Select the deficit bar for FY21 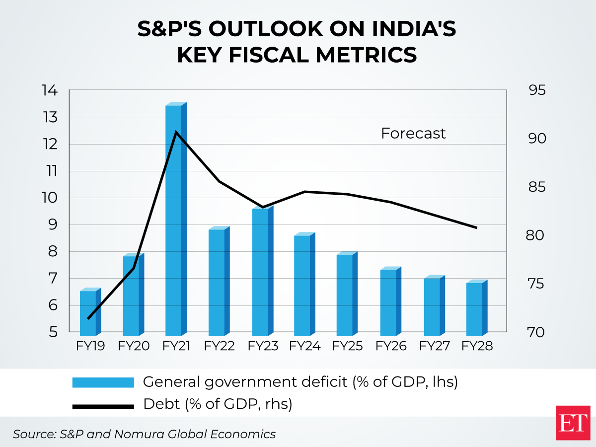pyautogui.click(x=174, y=219)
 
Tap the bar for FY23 pyautogui.click(x=261, y=271)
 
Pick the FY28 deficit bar pyautogui.click(x=475, y=308)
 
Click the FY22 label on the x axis pyautogui.click(x=219, y=346)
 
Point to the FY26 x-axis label pyautogui.click(x=391, y=346)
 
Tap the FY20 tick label pyautogui.click(x=134, y=346)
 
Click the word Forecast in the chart pyautogui.click(x=413, y=134)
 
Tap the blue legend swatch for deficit pyautogui.click(x=103, y=382)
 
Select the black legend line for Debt pyautogui.click(x=103, y=406)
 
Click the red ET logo pyautogui.click(x=573, y=422)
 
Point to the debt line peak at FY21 pyautogui.click(x=176, y=132)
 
